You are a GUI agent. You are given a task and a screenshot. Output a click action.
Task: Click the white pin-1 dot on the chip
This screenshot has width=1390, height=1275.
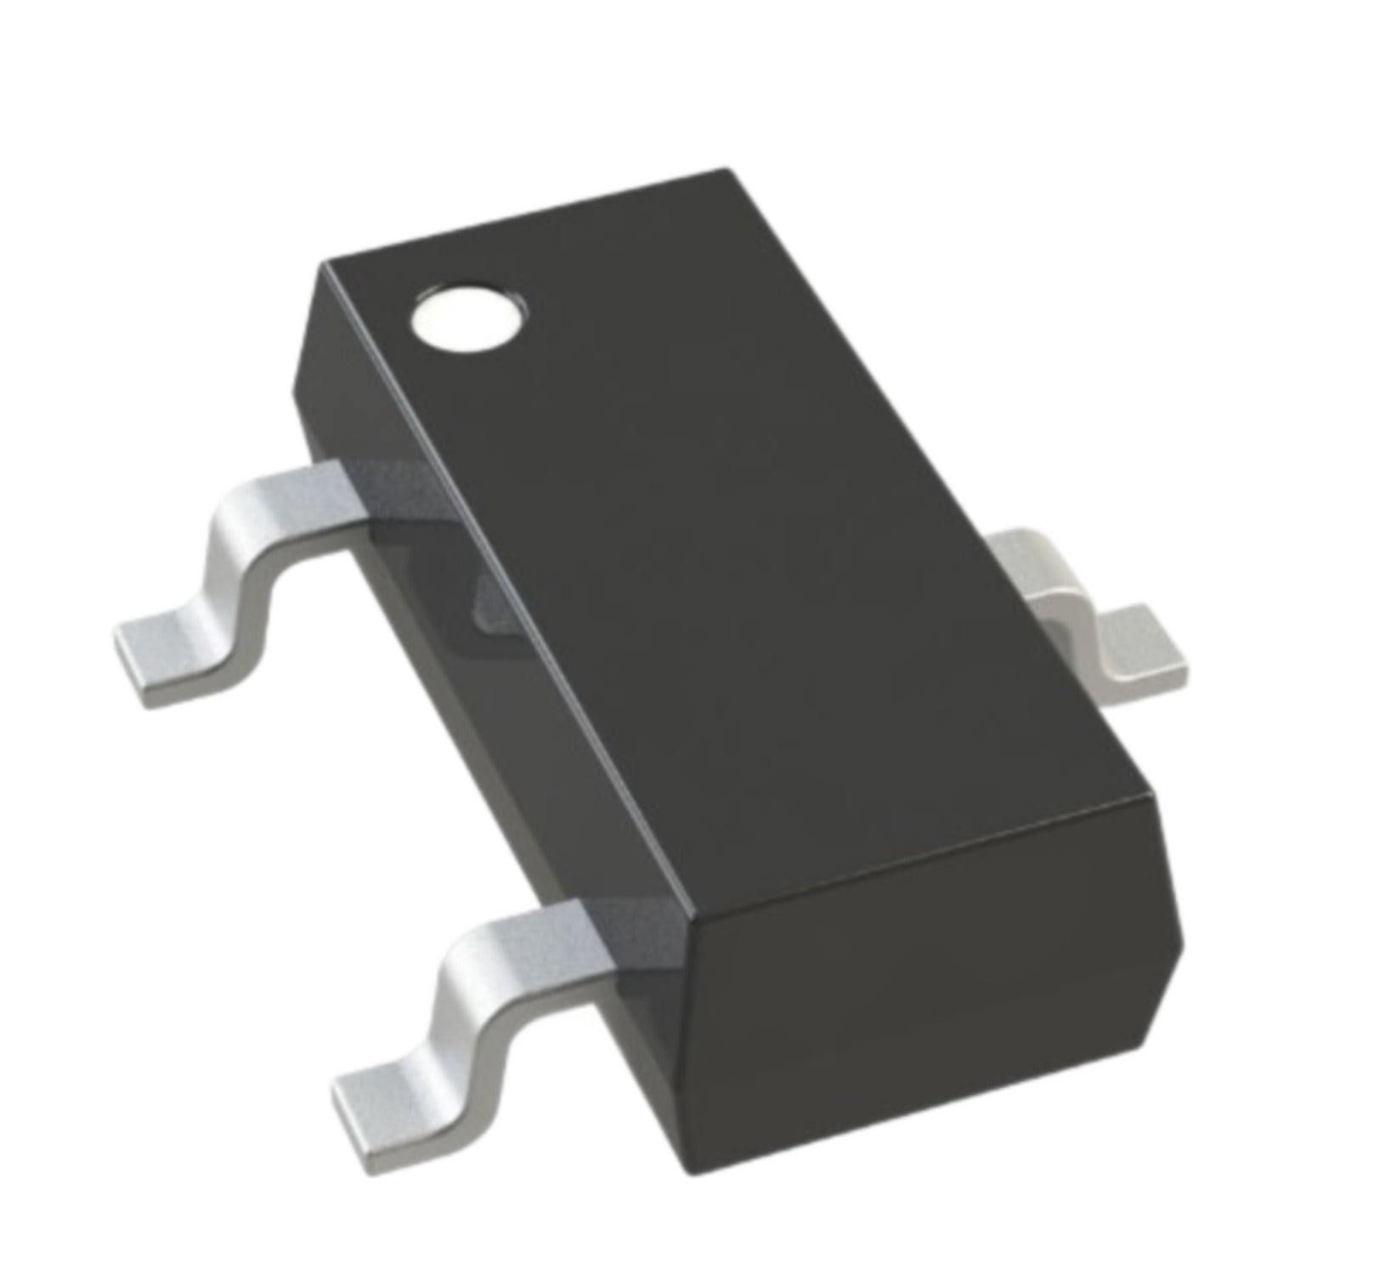[x=468, y=321]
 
